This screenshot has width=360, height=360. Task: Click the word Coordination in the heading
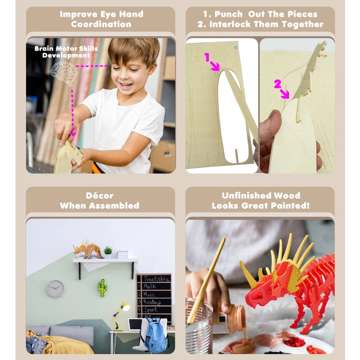coord(101,24)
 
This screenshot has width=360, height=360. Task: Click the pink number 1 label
coord(206,57)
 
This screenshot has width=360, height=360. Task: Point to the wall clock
coord(55,288)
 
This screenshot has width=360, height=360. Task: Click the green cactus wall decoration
coord(102,287)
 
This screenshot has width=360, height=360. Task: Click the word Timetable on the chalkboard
coord(155,278)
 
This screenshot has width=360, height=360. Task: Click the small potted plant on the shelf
coord(108,250)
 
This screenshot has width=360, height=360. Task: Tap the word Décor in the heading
coord(99,195)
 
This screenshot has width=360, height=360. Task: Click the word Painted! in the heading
coord(287,205)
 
